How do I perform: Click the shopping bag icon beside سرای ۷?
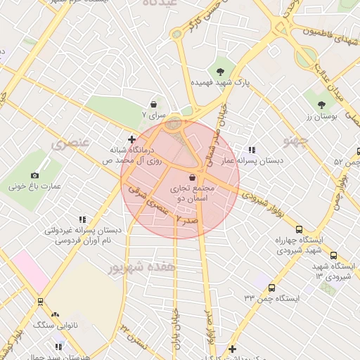pyautogui.click(x=153, y=104)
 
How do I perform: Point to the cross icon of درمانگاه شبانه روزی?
pyautogui.click(x=131, y=139)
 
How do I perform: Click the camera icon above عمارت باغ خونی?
pyautogui.click(x=35, y=174)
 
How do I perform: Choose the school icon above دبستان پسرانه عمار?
pyautogui.click(x=251, y=150)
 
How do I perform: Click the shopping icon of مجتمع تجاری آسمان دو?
pyautogui.click(x=193, y=179)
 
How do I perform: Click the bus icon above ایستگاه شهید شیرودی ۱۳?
pyautogui.click(x=333, y=256)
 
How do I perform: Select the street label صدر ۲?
pyautogui.click(x=188, y=221)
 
